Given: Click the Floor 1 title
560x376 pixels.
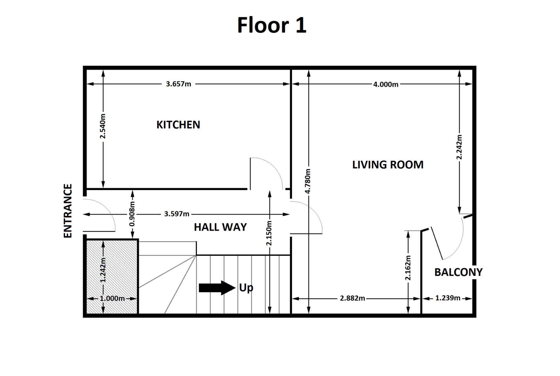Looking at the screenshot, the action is tap(272, 25).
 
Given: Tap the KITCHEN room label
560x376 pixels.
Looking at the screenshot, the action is tap(178, 125).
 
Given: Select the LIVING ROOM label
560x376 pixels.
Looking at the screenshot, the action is tap(388, 165).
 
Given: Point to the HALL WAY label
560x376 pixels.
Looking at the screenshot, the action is tap(220, 227).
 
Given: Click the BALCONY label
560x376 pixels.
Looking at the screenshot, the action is tap(459, 272).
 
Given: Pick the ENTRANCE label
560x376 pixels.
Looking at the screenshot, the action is tap(68, 211).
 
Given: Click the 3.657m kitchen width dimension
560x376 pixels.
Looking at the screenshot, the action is tap(178, 84).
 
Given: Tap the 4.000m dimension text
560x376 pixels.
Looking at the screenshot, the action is tap(386, 84).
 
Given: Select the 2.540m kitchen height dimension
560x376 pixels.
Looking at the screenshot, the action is tap(103, 126).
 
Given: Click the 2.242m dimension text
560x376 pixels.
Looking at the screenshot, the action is tap(459, 147).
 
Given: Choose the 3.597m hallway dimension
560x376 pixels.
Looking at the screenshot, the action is tap(177, 214).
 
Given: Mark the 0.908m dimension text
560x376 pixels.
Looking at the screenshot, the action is tap(132, 214).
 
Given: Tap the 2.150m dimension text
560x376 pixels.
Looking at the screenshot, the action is tap(269, 233).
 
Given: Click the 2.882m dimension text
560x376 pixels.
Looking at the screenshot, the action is tap(353, 298).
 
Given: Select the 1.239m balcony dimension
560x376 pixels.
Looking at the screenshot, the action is tap(448, 298).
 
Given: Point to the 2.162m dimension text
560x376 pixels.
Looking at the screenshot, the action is tap(408, 268).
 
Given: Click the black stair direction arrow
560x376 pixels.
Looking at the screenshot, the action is tap(217, 288).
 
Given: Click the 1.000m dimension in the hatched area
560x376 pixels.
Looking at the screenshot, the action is tap(112, 298).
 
